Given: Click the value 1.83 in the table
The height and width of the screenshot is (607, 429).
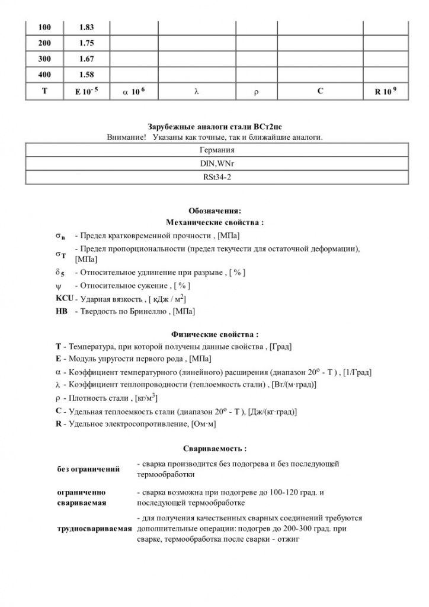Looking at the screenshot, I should coord(86,27).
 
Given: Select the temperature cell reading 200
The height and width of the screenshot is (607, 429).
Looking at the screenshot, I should coord(44,43).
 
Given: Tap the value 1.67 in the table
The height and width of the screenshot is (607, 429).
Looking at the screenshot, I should coord(86,59).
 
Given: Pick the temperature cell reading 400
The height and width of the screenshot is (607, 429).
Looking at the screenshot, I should coord(44,75).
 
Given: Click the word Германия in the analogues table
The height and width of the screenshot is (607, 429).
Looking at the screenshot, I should coord(214,150).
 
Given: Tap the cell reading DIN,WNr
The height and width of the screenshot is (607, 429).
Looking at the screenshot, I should coord(214,163).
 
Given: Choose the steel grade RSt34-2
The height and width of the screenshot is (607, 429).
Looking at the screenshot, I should coord(214,177).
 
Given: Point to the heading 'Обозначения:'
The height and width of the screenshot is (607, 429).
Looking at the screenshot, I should coord(214,210).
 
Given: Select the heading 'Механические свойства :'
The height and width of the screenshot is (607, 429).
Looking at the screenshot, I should coord(214,222).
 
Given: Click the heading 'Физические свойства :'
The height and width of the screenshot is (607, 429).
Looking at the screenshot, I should coord(214,334).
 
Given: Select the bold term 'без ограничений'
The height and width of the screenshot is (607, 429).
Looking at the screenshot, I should coord(88,469).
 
